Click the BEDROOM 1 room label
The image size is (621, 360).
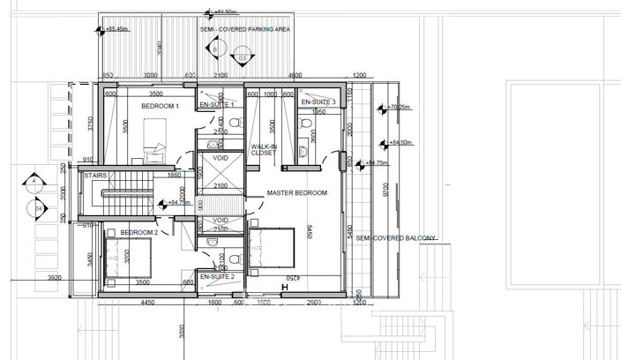tap(161, 107)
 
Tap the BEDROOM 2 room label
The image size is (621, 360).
tap(139, 233)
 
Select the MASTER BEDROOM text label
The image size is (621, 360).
tap(298, 192)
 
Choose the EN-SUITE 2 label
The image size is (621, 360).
tap(216, 276)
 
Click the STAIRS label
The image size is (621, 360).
tap(95, 176)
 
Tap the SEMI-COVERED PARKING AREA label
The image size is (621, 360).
tap(244, 29)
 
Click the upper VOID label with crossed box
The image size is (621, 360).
tap(219, 160)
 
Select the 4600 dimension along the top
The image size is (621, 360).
tap(294, 75)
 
